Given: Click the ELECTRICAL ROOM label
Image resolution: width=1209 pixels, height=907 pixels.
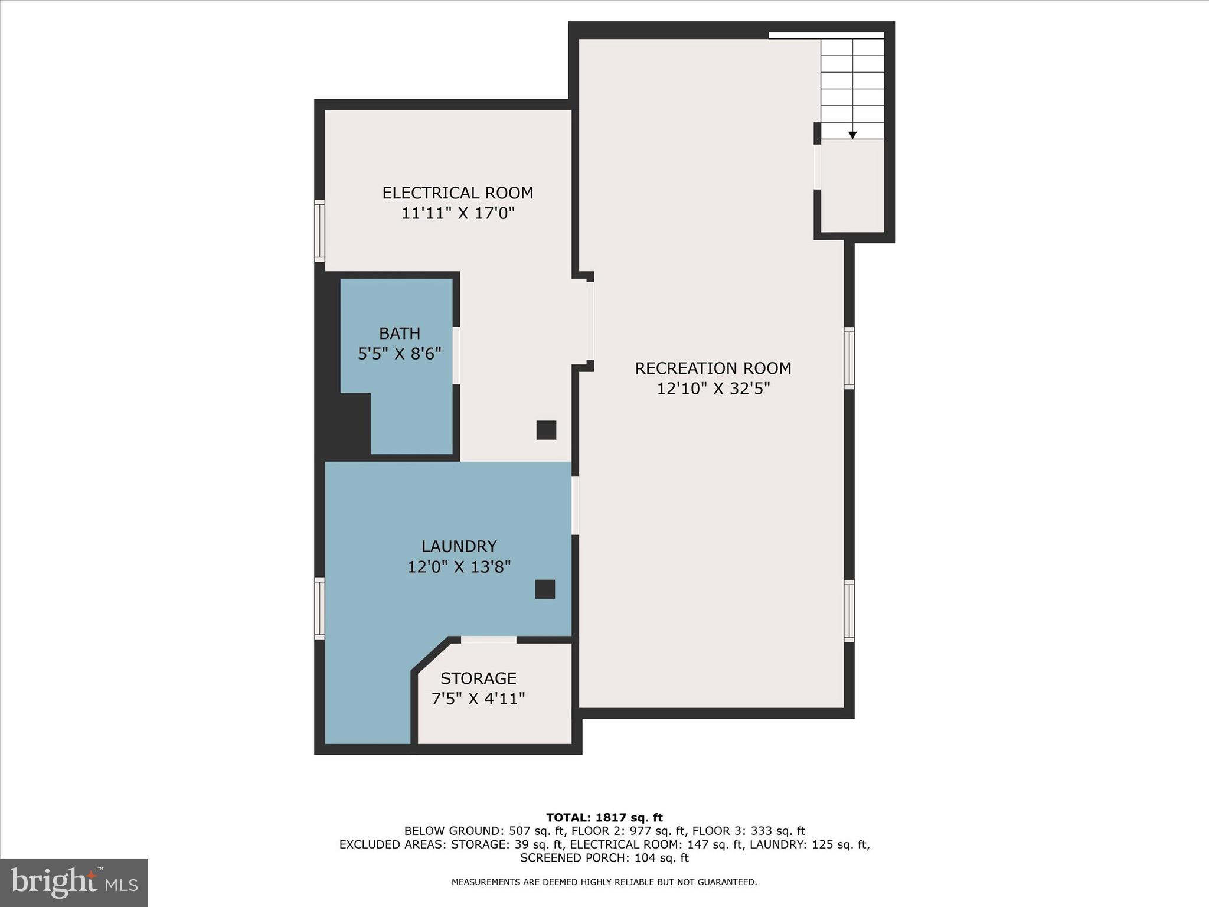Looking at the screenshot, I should click(458, 193).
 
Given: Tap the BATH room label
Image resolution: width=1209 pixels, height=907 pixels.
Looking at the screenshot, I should click(400, 334).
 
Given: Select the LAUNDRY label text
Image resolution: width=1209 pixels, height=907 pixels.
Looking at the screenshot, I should click(459, 546).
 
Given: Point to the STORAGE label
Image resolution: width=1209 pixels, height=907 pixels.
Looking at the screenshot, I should click(478, 678).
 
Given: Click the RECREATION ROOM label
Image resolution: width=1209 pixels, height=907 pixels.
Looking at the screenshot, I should click(713, 368).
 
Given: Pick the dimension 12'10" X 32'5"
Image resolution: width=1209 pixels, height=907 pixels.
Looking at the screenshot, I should click(713, 389).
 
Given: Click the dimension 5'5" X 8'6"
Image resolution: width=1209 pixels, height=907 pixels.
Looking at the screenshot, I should click(400, 354).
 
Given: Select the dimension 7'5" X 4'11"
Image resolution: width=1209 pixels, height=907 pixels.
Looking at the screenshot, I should click(478, 699).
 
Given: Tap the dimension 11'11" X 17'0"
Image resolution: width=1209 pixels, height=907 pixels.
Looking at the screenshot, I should click(458, 213).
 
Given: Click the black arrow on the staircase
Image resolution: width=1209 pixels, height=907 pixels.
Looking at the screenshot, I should click(852, 135).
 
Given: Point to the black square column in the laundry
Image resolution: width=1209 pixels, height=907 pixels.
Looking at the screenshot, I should click(545, 589).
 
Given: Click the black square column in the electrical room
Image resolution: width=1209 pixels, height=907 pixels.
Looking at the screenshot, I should click(546, 430).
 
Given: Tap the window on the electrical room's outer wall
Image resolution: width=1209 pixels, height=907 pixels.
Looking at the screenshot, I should click(319, 231).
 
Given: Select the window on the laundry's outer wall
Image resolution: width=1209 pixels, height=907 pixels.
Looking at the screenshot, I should click(319, 608).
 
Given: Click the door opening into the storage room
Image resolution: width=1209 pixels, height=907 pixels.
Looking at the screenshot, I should click(488, 640).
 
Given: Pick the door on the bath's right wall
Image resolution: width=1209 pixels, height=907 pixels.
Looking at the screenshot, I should click(456, 355).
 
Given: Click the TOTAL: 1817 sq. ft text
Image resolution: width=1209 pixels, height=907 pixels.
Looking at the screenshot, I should click(604, 818).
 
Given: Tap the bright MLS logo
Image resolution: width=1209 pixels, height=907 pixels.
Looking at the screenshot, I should click(74, 883).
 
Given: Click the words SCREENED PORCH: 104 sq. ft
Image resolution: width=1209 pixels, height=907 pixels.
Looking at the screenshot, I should click(604, 858).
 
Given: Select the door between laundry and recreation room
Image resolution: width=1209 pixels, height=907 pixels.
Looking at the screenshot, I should click(575, 505).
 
